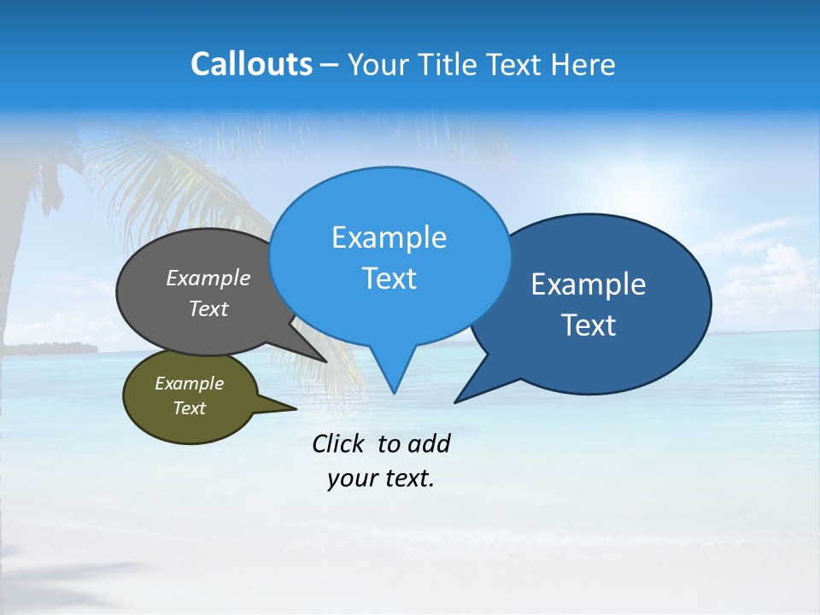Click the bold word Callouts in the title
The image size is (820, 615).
tap(251, 65)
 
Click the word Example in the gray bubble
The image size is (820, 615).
tap(208, 278)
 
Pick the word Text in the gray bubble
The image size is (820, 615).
tap(208, 309)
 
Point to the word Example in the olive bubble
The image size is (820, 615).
tap(189, 384)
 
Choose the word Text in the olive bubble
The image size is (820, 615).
tap(189, 408)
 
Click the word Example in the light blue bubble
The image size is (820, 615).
tap(389, 237)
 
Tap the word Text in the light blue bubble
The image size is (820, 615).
tap(389, 278)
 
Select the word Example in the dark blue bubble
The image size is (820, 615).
tap(589, 284)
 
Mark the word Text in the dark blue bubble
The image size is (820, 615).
tap(589, 325)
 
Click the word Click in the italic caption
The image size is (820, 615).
tap(340, 444)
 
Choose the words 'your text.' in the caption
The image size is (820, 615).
tap(381, 479)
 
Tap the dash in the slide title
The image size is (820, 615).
tap(331, 66)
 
